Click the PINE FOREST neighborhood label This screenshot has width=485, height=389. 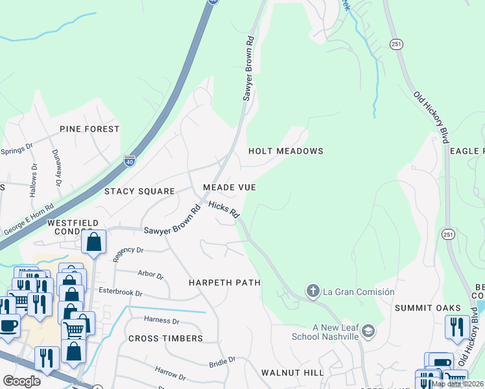[89, 129]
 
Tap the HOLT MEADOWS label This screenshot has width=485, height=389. [286, 151]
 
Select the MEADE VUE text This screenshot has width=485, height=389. [229, 187]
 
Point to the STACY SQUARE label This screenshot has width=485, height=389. [140, 191]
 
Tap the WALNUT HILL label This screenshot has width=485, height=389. [292, 373]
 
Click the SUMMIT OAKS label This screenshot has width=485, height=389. [428, 308]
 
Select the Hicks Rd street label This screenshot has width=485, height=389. [224, 209]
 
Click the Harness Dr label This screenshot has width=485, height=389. [161, 320]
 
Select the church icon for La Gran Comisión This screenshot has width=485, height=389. [313, 291]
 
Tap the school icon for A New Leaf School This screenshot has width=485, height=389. [368, 332]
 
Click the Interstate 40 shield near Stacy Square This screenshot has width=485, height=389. [130, 160]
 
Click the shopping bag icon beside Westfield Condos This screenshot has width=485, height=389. [94, 242]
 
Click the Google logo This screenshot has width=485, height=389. [21, 381]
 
